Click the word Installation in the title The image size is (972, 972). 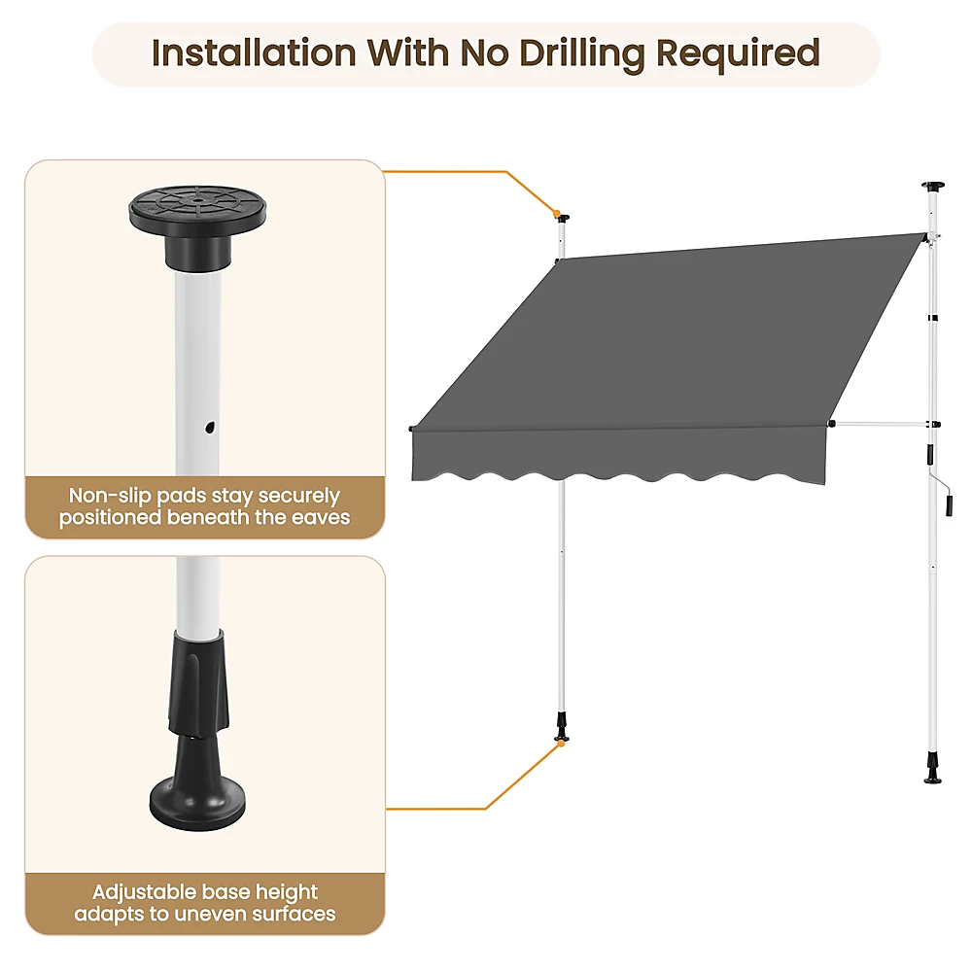coord(254,52)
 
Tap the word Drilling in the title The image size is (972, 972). coord(583,54)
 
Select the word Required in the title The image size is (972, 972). coord(739,54)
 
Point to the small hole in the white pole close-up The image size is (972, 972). coord(210,427)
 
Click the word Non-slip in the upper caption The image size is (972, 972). coord(109,496)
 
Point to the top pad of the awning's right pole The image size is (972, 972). coord(932,186)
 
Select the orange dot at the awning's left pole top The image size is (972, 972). coord(557,214)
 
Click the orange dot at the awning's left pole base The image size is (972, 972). coord(562,743)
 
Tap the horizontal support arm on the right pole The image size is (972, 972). coord(884,425)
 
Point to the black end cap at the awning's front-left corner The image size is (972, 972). coord(411,429)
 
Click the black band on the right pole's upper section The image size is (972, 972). coord(933,319)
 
